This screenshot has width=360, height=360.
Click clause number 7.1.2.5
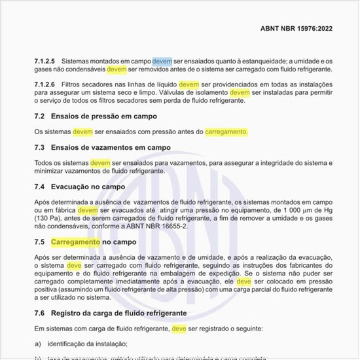[45, 60]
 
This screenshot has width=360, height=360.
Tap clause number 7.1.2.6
[45, 85]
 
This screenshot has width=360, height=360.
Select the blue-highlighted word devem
[162, 60]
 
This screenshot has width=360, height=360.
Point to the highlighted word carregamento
[226, 132]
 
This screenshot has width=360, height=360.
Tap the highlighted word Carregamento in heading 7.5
[76, 242]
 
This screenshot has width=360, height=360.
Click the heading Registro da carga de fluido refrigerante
[125, 312]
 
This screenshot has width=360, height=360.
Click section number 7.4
[39, 187]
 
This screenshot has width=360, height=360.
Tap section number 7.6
[39, 312]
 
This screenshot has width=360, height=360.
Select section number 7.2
[39, 117]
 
